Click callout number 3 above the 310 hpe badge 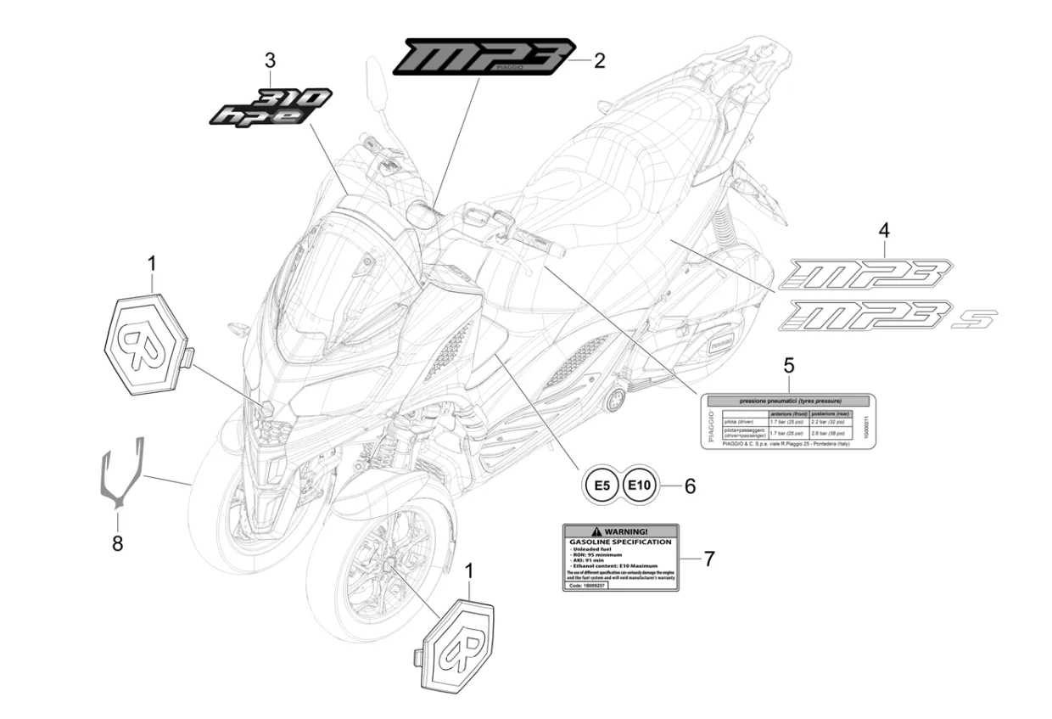click(x=270, y=60)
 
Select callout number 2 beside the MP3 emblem click(x=599, y=60)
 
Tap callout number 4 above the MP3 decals click(x=884, y=229)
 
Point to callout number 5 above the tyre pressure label click(x=788, y=366)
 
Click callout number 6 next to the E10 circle click(x=690, y=486)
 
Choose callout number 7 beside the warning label click(x=709, y=558)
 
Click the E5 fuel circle click(x=601, y=486)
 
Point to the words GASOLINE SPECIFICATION click(x=620, y=542)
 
